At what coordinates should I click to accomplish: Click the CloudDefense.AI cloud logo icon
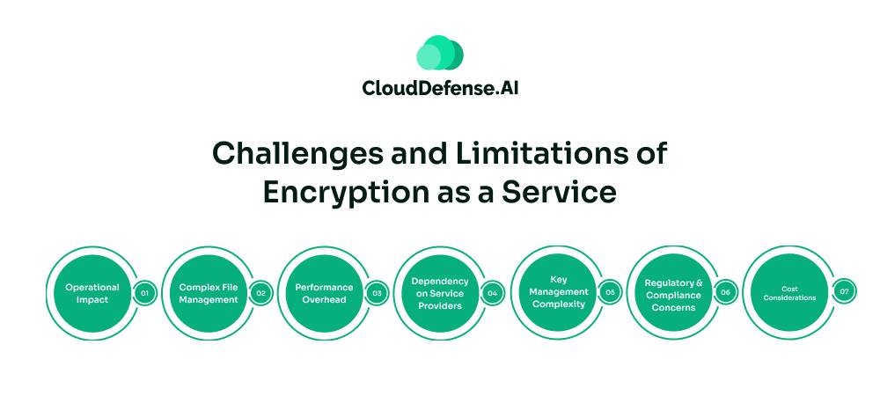click(439, 53)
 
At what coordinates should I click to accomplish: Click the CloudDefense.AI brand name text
click(440, 87)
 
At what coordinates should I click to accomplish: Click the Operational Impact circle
click(92, 293)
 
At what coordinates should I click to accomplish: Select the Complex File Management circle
click(208, 293)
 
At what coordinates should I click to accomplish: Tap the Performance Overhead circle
click(324, 293)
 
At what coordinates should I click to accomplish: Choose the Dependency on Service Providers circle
click(440, 293)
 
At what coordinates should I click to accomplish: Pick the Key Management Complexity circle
click(558, 292)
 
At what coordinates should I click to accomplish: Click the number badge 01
click(144, 293)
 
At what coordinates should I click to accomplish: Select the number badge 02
click(260, 293)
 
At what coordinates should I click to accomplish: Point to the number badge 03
click(377, 293)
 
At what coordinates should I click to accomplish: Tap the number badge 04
click(493, 293)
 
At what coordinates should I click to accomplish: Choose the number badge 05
click(610, 292)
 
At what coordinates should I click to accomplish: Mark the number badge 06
click(726, 292)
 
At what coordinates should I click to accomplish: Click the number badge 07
click(844, 292)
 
